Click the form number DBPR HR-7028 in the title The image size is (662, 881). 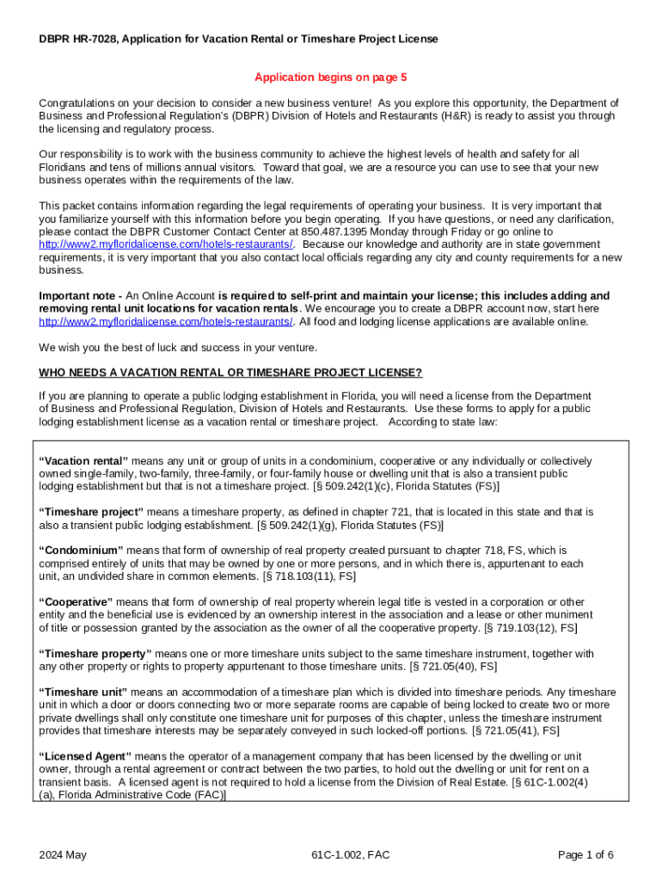click(80, 40)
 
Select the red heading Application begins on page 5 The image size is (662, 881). click(330, 77)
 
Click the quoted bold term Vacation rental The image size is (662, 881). click(83, 460)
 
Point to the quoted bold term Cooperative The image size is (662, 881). click(77, 601)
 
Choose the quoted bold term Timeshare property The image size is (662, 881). click(95, 653)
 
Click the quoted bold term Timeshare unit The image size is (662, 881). click(83, 692)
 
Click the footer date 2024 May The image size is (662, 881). click(63, 854)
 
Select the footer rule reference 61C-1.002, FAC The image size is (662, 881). click(352, 854)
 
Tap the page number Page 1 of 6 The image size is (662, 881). click(585, 854)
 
